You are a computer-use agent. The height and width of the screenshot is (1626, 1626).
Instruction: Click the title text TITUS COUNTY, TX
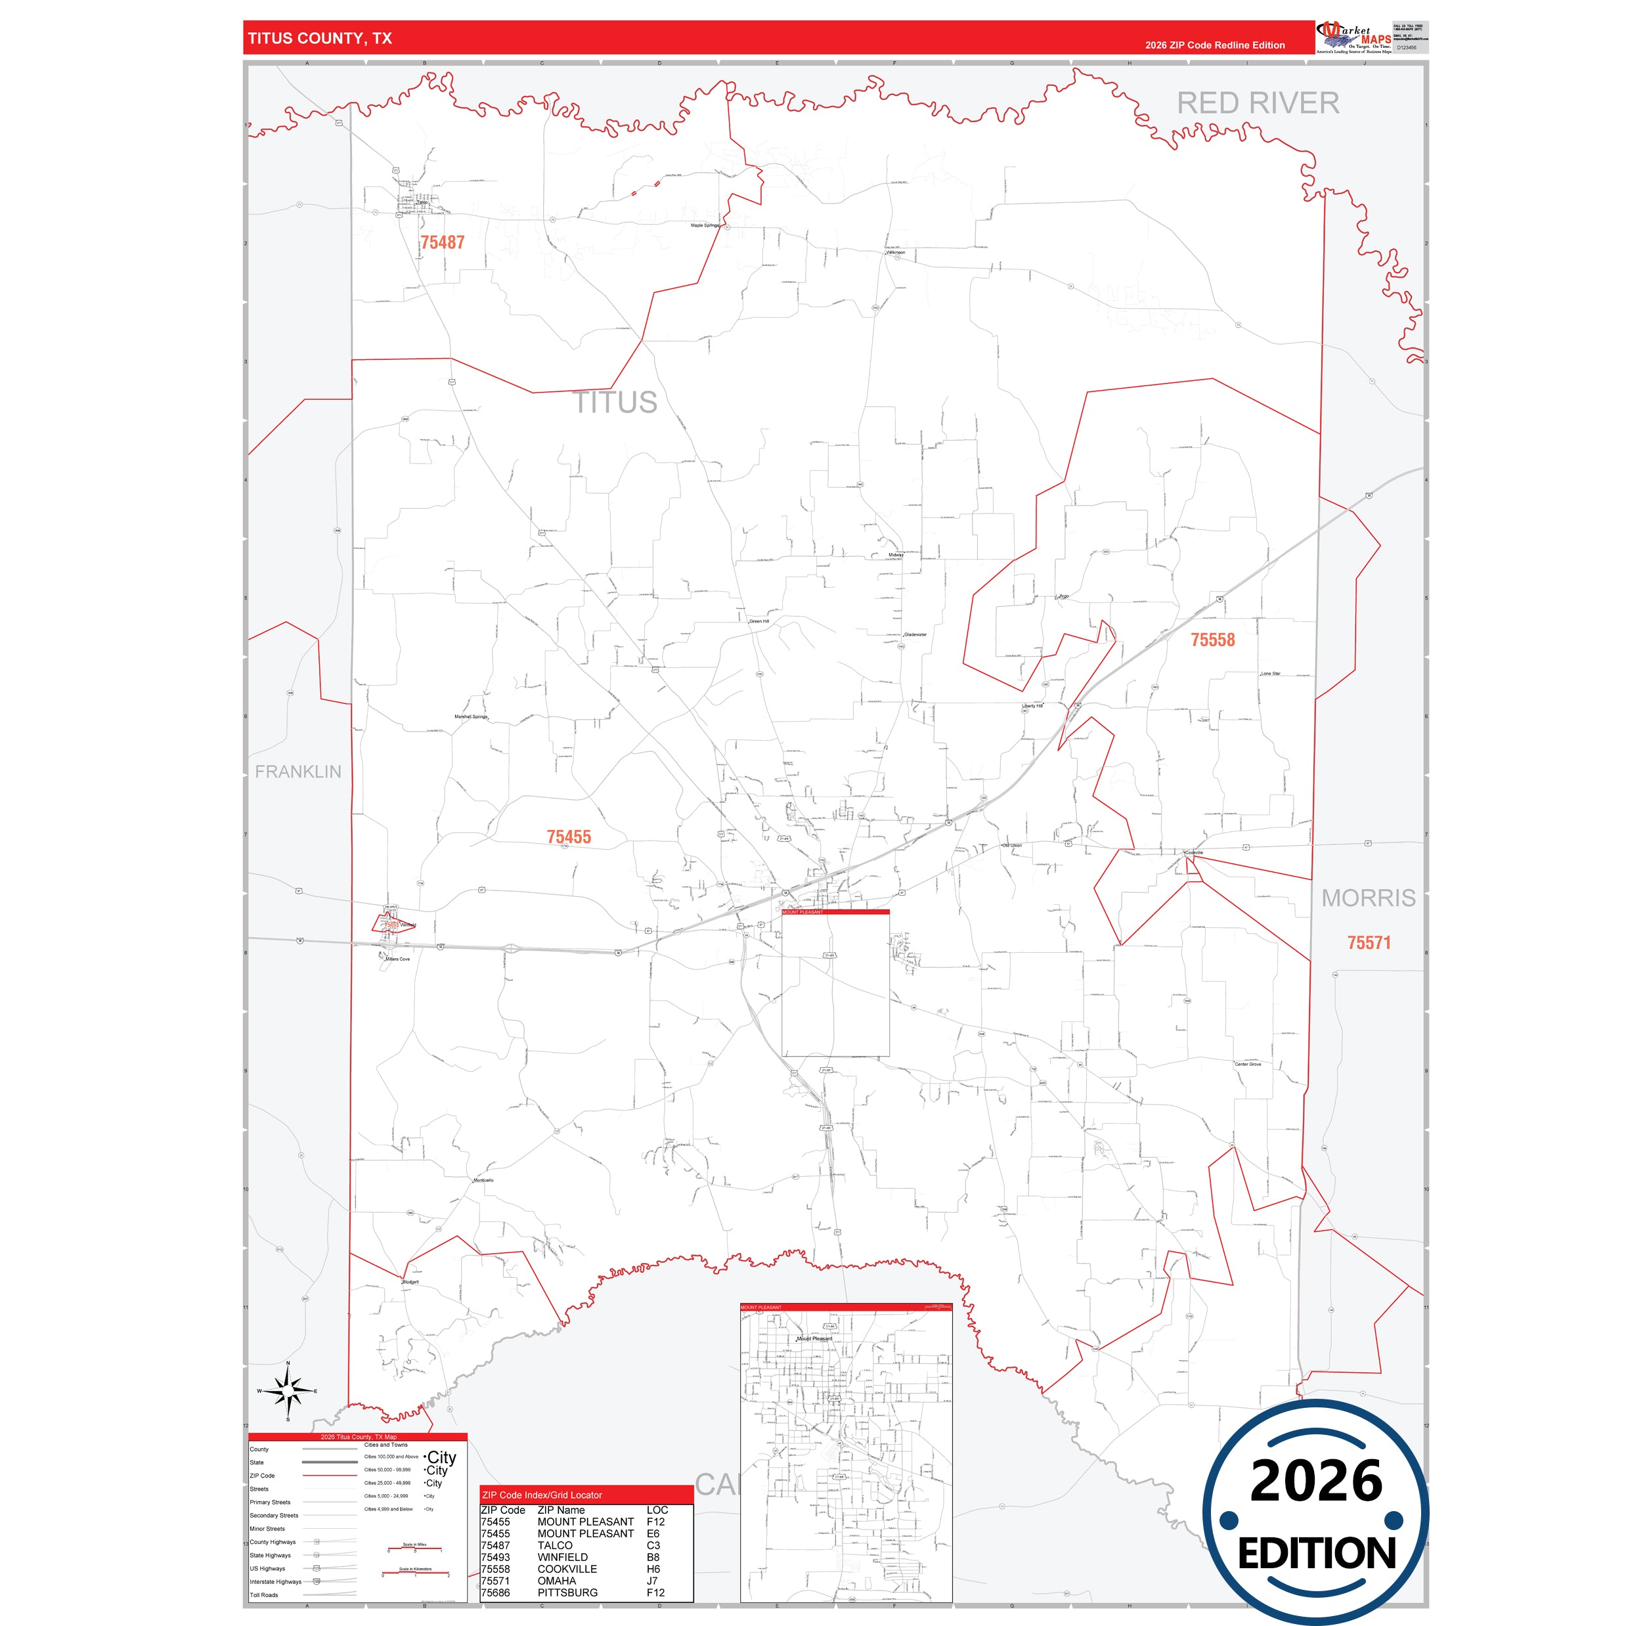[320, 39]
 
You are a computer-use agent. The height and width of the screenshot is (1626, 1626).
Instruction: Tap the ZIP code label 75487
[442, 242]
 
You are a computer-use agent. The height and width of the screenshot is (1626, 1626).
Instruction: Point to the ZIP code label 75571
[1369, 942]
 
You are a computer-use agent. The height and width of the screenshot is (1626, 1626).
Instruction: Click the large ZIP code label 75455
[569, 837]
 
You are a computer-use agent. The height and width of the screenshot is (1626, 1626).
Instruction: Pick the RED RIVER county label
[1258, 104]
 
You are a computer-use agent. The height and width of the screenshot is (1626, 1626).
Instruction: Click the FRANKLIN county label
[298, 772]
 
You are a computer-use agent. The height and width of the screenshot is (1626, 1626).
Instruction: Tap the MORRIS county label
[1368, 898]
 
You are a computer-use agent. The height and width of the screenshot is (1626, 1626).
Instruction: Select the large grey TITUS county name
[615, 403]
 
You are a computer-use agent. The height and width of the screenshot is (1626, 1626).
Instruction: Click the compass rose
[288, 1391]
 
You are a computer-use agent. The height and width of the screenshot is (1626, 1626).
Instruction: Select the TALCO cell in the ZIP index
[555, 1545]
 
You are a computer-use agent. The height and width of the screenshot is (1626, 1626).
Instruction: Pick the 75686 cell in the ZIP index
[495, 1593]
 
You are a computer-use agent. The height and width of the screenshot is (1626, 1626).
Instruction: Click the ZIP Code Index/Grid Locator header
[542, 1495]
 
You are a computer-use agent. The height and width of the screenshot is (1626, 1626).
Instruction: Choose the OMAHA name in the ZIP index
[556, 1581]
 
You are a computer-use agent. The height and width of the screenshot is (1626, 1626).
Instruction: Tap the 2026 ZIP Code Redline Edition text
[1214, 45]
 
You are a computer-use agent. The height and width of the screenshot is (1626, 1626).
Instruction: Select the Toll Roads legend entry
[263, 1595]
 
